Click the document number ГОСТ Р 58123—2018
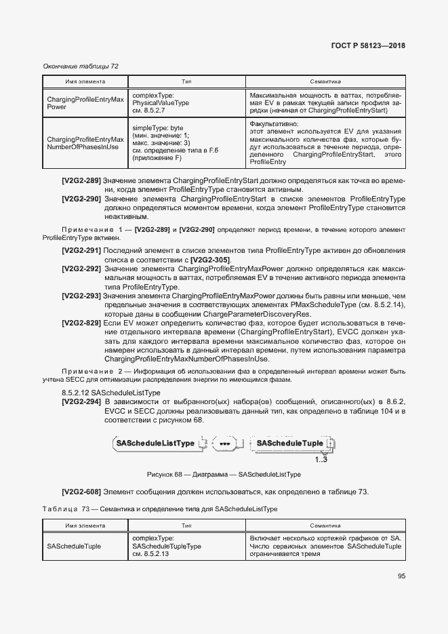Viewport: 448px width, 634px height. pos(369,45)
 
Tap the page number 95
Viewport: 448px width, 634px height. pos(401,576)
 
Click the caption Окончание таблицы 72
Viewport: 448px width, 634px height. pos(81,66)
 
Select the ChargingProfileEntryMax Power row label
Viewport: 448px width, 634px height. pos(85,103)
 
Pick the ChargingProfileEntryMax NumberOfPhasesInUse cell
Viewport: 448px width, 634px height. pos(85,142)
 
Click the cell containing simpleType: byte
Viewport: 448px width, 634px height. pos(158,127)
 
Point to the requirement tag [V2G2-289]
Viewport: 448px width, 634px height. pos(81,181)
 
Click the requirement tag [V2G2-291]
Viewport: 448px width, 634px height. pos(81,250)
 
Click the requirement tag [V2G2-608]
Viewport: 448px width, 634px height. pos(81,492)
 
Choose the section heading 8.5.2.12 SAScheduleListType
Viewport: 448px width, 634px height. pos(110,393)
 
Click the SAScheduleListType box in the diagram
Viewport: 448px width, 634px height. pos(155,443)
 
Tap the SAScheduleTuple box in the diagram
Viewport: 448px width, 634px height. pos(289,443)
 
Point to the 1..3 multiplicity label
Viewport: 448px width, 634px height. pos(321,459)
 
